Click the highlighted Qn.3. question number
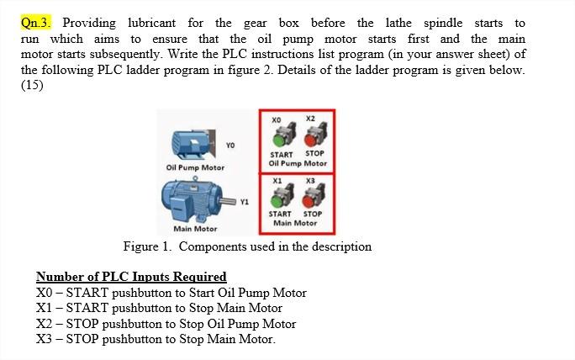click(37, 23)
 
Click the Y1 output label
click(245, 202)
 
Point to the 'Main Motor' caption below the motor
click(195, 229)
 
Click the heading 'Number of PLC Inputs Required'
click(131, 277)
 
